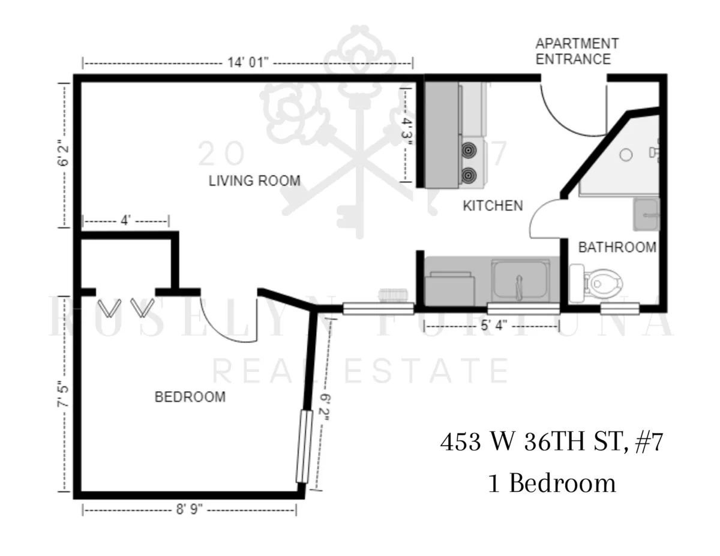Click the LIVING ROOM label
click(x=254, y=180)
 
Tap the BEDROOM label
click(x=190, y=396)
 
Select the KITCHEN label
click(x=493, y=206)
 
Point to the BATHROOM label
click(x=617, y=247)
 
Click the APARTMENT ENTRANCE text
click(x=577, y=52)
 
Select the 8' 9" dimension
click(x=189, y=510)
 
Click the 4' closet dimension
click(x=125, y=221)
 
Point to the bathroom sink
click(x=647, y=214)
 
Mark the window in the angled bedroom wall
click(x=305, y=446)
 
